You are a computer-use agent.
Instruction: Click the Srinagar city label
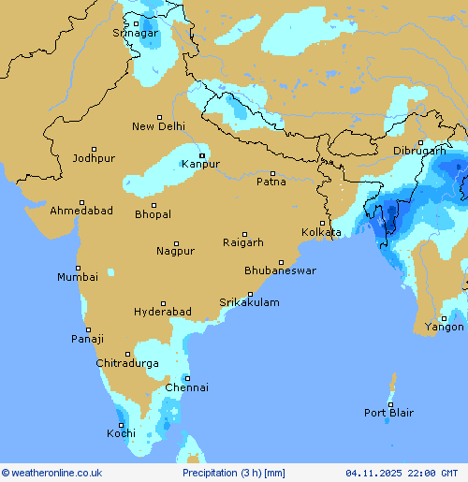(136, 33)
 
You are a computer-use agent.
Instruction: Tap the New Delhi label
(158, 126)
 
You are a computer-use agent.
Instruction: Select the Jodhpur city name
(94, 158)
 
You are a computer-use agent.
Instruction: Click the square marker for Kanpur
(201, 155)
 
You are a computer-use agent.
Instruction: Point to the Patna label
(271, 182)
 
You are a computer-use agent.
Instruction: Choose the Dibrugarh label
(419, 151)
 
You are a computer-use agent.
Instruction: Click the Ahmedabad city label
(81, 211)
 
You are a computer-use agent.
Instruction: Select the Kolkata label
(321, 232)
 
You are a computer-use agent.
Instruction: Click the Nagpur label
(175, 251)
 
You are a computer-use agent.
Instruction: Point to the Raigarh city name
(243, 242)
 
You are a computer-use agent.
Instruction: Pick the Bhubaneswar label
(280, 270)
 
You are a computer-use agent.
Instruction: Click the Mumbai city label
(77, 277)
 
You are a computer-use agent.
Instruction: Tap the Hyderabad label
(162, 312)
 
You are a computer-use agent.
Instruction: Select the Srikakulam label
(249, 302)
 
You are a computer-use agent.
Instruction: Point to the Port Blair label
(389, 413)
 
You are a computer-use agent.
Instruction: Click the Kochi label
(121, 433)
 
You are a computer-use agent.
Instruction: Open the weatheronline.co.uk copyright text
(51, 474)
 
